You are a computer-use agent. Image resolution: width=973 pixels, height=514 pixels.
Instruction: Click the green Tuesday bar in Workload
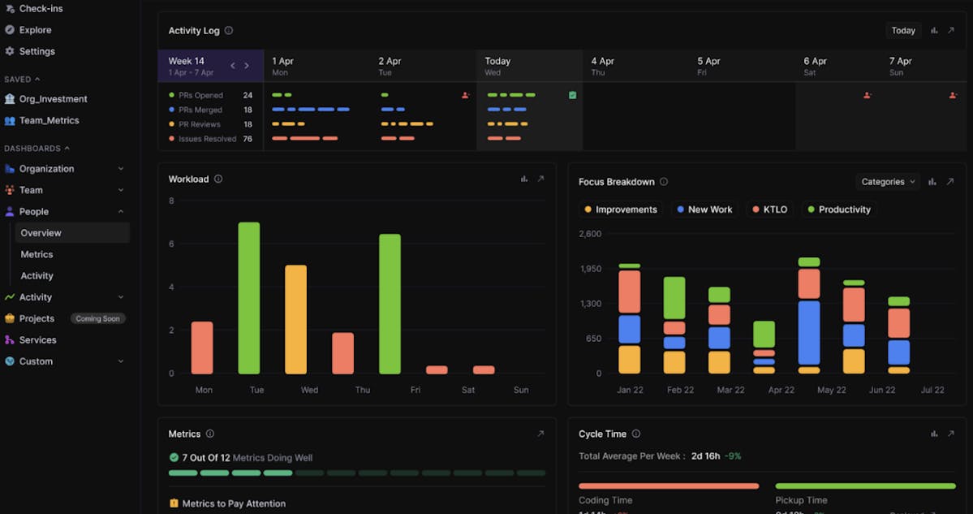pos(249,298)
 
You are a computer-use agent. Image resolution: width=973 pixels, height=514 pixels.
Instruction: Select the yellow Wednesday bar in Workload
pos(296,319)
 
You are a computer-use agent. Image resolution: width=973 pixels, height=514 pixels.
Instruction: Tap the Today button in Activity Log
pos(903,31)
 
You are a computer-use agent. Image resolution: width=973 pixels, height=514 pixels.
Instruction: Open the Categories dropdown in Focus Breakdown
pos(888,182)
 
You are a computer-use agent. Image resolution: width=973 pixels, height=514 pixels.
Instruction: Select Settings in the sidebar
pos(37,51)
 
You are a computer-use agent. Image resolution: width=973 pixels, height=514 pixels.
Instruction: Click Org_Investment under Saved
pos(53,99)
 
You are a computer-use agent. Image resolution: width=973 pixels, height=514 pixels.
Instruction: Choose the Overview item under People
pos(41,233)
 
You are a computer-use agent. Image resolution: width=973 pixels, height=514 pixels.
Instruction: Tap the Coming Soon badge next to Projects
pos(97,319)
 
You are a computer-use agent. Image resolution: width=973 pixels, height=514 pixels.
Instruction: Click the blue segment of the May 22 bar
pos(809,332)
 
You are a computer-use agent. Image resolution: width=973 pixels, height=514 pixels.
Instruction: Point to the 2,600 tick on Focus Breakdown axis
pos(590,234)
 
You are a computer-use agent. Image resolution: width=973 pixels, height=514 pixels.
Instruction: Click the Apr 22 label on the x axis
pos(781,391)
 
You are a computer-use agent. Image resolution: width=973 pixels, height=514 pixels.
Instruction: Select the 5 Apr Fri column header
pos(708,66)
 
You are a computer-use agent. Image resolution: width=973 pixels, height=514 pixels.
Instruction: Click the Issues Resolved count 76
pos(248,139)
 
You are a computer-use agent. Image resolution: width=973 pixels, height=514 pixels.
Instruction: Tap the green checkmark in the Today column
pos(573,95)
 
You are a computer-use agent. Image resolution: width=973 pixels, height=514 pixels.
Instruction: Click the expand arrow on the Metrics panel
pos(540,434)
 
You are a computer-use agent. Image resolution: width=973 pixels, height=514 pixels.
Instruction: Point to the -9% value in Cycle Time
pos(733,456)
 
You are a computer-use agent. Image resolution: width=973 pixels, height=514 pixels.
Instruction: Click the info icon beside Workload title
pos(218,179)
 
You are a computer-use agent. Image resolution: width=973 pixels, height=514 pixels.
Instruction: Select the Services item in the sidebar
pos(37,340)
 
